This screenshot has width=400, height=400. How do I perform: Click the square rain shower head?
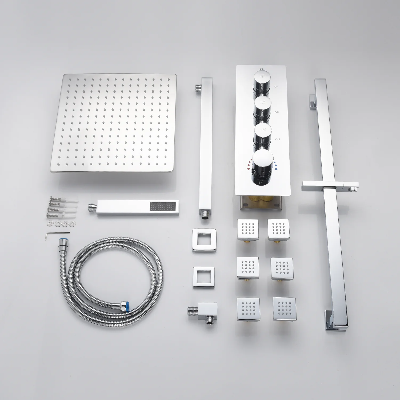(x=113, y=123)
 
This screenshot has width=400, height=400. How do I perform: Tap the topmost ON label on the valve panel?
(x=276, y=87)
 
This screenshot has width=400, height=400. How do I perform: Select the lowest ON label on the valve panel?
(x=277, y=139)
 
